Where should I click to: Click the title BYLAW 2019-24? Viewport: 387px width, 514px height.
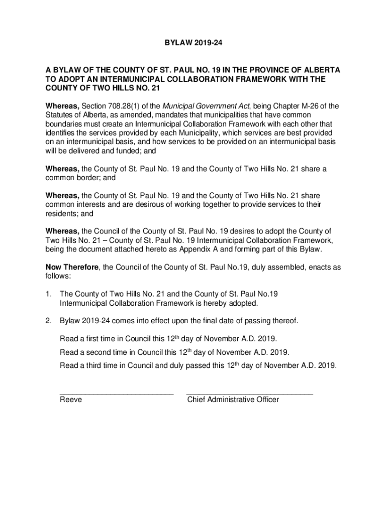193,45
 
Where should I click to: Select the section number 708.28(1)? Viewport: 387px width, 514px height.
125,106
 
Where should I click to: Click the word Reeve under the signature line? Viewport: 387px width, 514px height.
71,400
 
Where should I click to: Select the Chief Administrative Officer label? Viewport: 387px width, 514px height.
233,400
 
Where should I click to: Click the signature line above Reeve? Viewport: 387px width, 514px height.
116,394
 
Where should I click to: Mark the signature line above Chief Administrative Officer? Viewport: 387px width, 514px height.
249,394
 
